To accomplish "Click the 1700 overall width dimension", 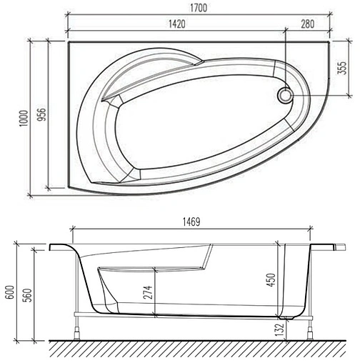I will (x=199, y=8).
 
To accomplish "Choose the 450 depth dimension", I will (x=271, y=279).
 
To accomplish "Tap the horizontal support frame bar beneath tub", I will (x=193, y=313).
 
